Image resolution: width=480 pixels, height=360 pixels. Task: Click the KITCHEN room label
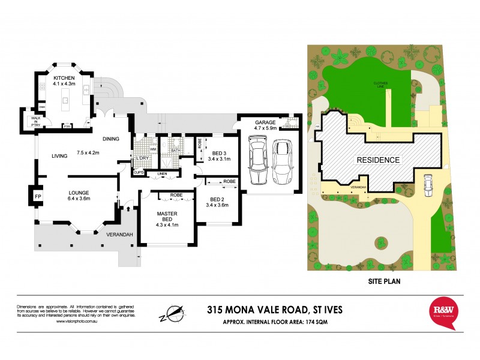click(x=64, y=79)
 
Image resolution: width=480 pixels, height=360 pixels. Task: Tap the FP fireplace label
click(x=37, y=196)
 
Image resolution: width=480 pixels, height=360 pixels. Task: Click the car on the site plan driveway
click(x=427, y=185)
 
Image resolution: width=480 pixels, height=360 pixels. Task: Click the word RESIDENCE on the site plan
click(x=378, y=160)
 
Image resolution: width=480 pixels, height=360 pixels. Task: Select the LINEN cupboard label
click(x=161, y=174)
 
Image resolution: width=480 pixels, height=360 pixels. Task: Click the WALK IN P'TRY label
click(x=28, y=119)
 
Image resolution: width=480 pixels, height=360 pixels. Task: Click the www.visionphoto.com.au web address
click(x=78, y=322)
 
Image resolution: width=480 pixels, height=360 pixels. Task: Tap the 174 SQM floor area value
click(x=317, y=323)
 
